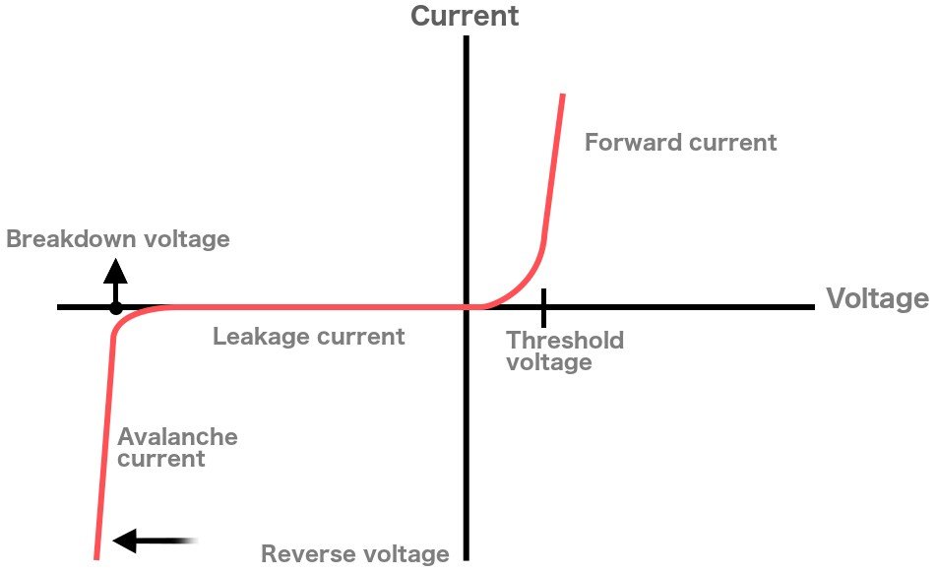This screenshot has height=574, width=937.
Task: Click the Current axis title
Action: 464,16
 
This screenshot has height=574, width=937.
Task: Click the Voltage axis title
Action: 877,298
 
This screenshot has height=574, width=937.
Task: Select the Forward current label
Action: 680,143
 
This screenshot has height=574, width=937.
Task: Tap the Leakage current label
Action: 308,337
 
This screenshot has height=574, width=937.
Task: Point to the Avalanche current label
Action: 177,447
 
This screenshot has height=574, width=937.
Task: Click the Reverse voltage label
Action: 354,554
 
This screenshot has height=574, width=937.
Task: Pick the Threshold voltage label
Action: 564,351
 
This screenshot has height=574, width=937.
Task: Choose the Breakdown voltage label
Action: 118,239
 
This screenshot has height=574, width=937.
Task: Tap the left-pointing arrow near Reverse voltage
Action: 153,540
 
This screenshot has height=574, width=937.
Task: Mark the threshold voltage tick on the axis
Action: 542,307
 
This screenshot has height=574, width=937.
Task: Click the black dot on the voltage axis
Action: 116,308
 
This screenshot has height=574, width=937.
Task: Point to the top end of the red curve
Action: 562,96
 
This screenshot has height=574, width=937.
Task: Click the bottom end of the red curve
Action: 96,556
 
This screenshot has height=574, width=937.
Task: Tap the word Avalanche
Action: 177,436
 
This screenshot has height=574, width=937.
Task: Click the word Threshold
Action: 565,341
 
